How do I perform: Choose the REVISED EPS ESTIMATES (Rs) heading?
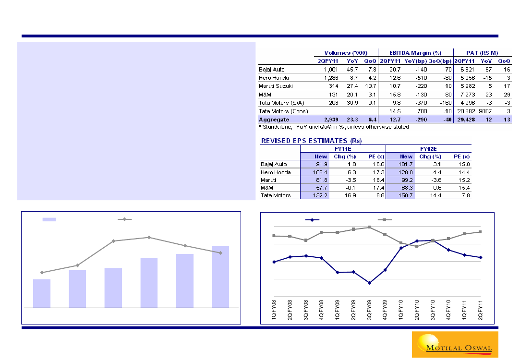click(x=311, y=141)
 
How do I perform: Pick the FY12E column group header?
click(x=428, y=149)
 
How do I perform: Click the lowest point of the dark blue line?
click(x=370, y=283)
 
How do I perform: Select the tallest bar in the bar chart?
click(x=220, y=276)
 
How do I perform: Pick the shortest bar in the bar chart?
click(x=42, y=293)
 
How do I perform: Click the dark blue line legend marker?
click(x=313, y=220)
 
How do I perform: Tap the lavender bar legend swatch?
click(x=49, y=219)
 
